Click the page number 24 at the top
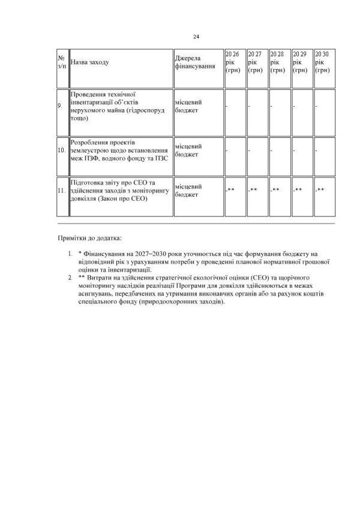click(196, 37)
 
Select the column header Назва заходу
click(90, 62)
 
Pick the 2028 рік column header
click(277, 62)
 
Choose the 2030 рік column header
click(322, 62)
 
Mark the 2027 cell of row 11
click(252, 190)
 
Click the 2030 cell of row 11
click(319, 190)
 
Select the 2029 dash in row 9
click(293, 106)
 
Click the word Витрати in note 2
click(102, 279)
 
